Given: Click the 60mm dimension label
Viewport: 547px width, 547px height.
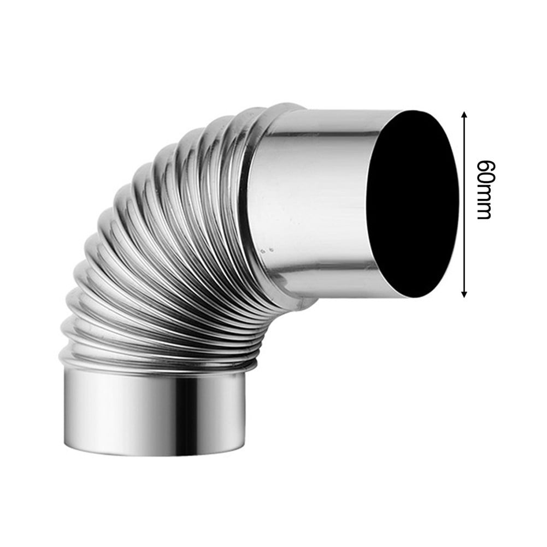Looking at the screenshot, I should pyautogui.click(x=484, y=189).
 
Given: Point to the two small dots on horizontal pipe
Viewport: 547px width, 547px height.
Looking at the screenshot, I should pyautogui.click(x=266, y=250).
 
